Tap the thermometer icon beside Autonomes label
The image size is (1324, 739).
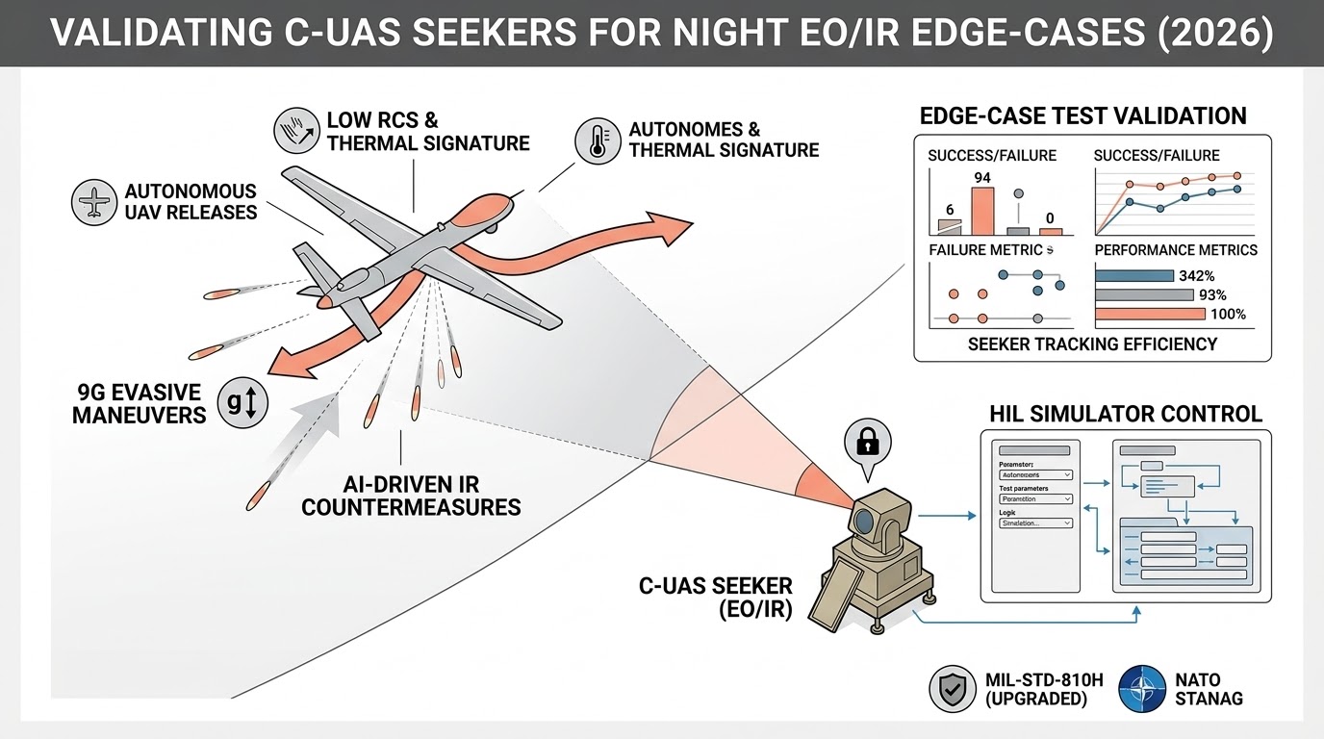click(x=596, y=140)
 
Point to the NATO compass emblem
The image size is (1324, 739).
click(x=1142, y=689)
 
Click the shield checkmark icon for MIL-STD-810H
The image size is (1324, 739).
click(x=953, y=689)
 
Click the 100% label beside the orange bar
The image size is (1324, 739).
click(x=1227, y=314)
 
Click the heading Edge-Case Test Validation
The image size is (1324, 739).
click(x=1082, y=116)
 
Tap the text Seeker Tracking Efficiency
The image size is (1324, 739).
click(x=1093, y=344)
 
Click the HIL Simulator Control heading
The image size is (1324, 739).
click(x=1125, y=414)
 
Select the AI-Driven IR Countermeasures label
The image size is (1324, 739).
click(x=411, y=495)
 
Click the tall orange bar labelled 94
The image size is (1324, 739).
click(x=981, y=211)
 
